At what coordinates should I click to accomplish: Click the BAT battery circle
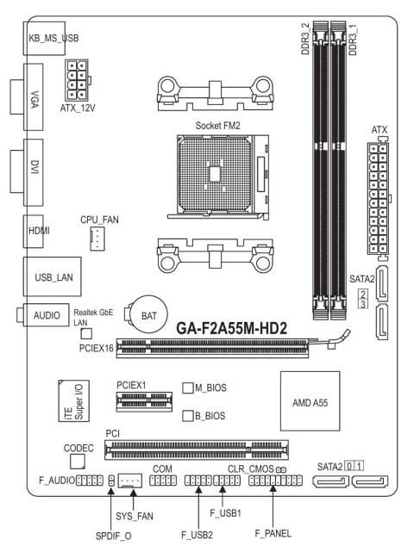click(148, 314)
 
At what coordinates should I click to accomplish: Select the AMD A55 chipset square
click(310, 401)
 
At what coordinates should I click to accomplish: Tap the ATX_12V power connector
click(77, 80)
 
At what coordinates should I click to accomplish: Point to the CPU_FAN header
click(97, 239)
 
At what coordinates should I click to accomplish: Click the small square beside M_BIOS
click(188, 388)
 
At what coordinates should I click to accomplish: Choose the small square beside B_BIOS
click(188, 416)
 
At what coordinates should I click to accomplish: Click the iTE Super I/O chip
click(73, 400)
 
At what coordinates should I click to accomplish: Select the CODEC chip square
click(78, 462)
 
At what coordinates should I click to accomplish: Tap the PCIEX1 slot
click(145, 401)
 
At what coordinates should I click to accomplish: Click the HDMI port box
click(34, 232)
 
